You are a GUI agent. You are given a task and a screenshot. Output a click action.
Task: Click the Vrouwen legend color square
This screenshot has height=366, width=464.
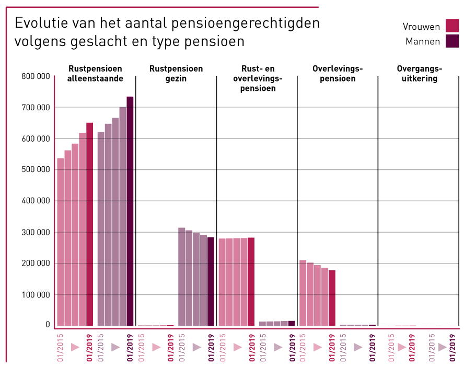[452, 26]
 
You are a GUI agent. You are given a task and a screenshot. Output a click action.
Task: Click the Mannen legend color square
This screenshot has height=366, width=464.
[452, 41]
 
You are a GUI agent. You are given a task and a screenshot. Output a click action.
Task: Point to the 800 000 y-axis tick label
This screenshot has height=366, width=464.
[36, 76]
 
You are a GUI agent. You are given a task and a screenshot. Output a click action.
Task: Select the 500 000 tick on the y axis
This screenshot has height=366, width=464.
[36, 170]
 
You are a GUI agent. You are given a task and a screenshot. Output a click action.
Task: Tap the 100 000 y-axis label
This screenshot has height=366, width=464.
[36, 294]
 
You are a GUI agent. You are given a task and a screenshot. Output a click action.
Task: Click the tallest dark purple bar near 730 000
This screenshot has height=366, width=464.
[130, 209]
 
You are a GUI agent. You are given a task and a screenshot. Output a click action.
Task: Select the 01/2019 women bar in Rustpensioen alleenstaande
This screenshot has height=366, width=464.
[90, 225]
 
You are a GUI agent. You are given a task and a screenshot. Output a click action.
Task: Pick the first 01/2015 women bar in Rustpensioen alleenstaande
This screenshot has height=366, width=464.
[61, 241]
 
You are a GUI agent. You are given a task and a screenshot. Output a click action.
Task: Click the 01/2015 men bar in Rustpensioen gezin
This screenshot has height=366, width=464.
[182, 277]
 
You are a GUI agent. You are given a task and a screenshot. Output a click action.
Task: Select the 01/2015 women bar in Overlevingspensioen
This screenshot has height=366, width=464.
[303, 293]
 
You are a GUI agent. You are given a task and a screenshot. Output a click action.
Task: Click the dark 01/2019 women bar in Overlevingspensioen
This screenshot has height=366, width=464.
[332, 298]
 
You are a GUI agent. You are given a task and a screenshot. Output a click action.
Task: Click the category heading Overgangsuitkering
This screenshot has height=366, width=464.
[419, 74]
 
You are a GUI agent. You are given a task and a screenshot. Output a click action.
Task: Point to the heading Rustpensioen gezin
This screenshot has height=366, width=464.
[176, 74]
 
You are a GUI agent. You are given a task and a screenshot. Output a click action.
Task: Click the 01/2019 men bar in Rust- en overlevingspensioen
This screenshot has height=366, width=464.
[292, 324]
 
